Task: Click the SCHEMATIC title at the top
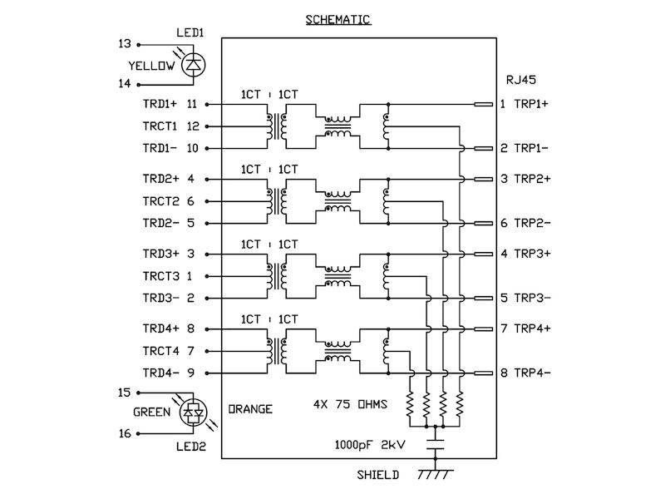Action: coord(338,19)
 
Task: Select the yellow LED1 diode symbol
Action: coord(194,65)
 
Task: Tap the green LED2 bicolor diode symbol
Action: coord(194,412)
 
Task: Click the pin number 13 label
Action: coord(125,44)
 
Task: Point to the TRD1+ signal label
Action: coord(160,104)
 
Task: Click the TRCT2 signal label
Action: coord(160,201)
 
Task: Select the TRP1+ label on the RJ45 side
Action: coord(531,104)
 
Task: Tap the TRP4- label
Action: coord(532,373)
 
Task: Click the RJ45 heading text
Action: coord(521,80)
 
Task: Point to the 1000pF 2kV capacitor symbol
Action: coord(435,444)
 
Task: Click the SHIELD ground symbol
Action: coord(435,474)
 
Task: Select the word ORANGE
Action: coord(250,409)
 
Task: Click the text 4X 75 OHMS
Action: coord(350,404)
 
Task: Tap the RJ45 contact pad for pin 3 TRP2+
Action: coord(483,179)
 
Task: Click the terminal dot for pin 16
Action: coord(138,433)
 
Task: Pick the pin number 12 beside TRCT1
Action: coord(193,126)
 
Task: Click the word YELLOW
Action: coord(151,66)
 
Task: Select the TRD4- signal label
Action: coord(160,373)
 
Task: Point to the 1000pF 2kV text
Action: coord(370,445)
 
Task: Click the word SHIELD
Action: coord(378,475)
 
